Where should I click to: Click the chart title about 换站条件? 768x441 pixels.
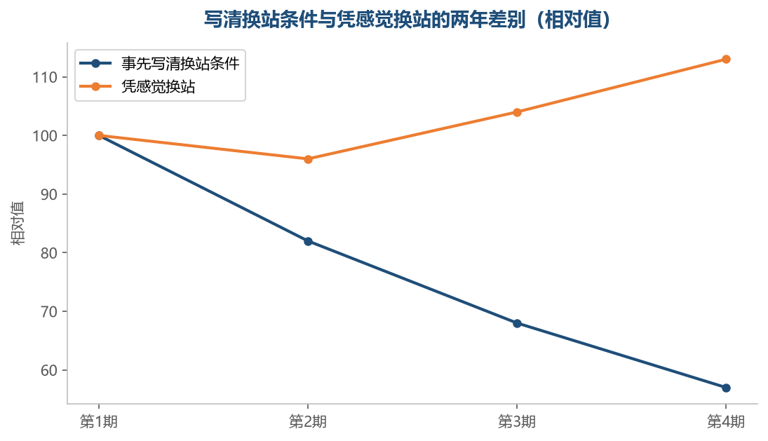(407, 20)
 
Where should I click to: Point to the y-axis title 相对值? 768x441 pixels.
(18, 223)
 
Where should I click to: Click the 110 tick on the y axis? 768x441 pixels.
(45, 77)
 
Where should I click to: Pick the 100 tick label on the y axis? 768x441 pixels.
(45, 135)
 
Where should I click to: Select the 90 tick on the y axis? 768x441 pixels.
(49, 194)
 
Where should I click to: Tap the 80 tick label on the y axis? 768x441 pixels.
(49, 253)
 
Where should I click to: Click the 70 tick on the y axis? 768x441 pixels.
(49, 312)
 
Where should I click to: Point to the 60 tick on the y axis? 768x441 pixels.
(49, 370)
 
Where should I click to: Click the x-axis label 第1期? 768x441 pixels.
(99, 421)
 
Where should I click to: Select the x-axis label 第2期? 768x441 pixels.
(308, 421)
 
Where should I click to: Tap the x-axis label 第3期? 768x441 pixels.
(517, 421)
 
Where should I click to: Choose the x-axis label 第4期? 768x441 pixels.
(726, 421)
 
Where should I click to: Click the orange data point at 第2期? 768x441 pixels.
(308, 159)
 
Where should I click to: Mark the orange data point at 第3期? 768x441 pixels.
(517, 112)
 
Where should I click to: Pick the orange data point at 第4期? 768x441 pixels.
(726, 59)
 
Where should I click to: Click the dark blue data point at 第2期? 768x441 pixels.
(308, 241)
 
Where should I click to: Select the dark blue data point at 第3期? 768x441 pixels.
(517, 323)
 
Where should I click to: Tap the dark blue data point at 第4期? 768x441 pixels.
(726, 388)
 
